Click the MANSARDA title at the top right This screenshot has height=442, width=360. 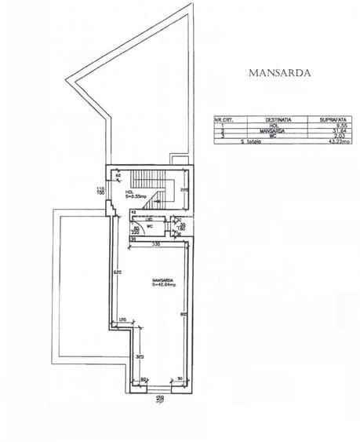point(279,73)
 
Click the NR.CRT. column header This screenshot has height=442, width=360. point(225,119)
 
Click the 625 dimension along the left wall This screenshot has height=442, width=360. point(116,272)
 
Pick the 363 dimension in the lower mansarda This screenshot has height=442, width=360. point(139,356)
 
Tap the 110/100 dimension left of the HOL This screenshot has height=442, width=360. point(100,191)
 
